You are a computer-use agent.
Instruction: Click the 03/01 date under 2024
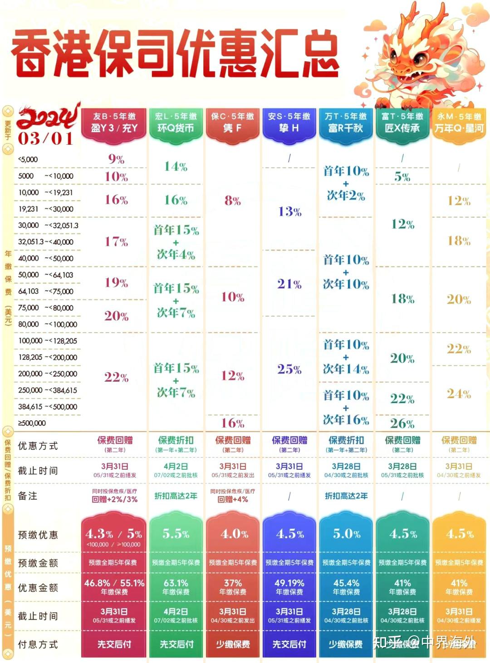pyautogui.click(x=45, y=138)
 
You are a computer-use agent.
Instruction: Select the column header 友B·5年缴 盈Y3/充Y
pyautogui.click(x=114, y=123)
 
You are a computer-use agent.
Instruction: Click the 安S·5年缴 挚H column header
pyautogui.click(x=289, y=123)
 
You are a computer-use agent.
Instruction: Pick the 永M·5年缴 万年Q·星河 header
pyautogui.click(x=459, y=123)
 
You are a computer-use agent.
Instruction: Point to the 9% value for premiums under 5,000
pyautogui.click(x=116, y=159)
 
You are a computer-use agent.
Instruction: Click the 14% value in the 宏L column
pyautogui.click(x=176, y=167)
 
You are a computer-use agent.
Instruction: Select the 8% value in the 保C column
pyautogui.click(x=232, y=201)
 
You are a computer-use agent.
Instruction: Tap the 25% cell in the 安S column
pyautogui.click(x=289, y=369)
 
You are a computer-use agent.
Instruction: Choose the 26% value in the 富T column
pyautogui.click(x=402, y=423)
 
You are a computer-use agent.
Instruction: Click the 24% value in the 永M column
pyautogui.click(x=459, y=393)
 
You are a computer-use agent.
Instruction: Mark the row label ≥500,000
pyautogui.click(x=32, y=423)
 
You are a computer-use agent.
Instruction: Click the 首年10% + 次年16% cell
pyautogui.click(x=346, y=408)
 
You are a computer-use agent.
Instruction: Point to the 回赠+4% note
pyautogui.click(x=232, y=500)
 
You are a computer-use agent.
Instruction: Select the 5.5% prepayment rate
pyautogui.click(x=176, y=534)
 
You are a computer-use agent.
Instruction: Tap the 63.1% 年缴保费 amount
pyautogui.click(x=176, y=587)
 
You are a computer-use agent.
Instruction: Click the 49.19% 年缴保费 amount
pyautogui.click(x=289, y=587)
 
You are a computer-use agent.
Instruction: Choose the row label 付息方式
pyautogui.click(x=38, y=644)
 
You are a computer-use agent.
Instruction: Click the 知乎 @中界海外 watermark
pyautogui.click(x=424, y=643)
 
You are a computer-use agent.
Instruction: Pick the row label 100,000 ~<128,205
pyautogui.click(x=48, y=341)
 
